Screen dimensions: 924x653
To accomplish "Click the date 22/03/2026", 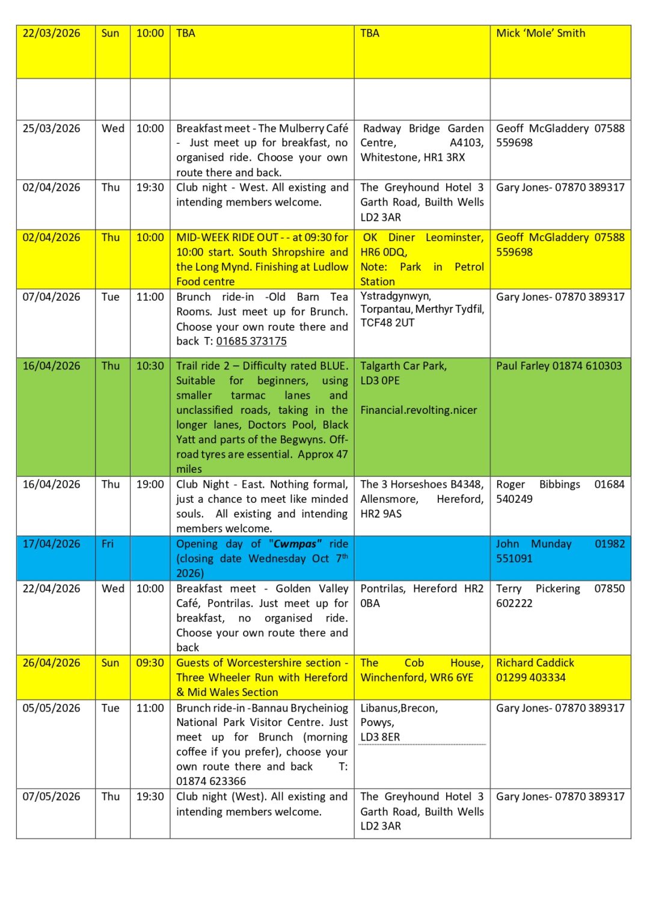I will [x=51, y=34].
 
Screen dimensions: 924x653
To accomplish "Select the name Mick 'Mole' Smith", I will [x=540, y=34].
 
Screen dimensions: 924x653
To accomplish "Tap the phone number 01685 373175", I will [x=251, y=342].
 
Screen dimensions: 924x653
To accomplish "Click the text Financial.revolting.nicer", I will [x=418, y=410].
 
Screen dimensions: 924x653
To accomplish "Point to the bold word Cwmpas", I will [x=295, y=544].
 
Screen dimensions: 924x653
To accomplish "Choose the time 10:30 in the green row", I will [x=150, y=366].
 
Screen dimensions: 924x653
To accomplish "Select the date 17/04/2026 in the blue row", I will [x=51, y=544].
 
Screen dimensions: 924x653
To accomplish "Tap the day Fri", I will [x=108, y=544].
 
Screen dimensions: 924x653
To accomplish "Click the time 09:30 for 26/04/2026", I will [x=150, y=663].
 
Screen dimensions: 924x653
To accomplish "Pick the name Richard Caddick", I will [x=535, y=663].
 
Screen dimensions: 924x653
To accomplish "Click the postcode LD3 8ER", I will [x=380, y=738].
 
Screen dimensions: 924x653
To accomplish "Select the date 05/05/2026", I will [x=51, y=708].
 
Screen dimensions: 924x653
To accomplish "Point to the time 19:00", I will [x=150, y=484].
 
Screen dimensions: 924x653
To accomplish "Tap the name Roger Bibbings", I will [x=538, y=484].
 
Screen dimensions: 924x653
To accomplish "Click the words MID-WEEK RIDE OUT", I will [x=227, y=238].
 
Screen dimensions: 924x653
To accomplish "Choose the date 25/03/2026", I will [x=51, y=129].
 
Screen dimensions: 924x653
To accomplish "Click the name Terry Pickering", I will [x=538, y=589].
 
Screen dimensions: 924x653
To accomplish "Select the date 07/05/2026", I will [x=51, y=796].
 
